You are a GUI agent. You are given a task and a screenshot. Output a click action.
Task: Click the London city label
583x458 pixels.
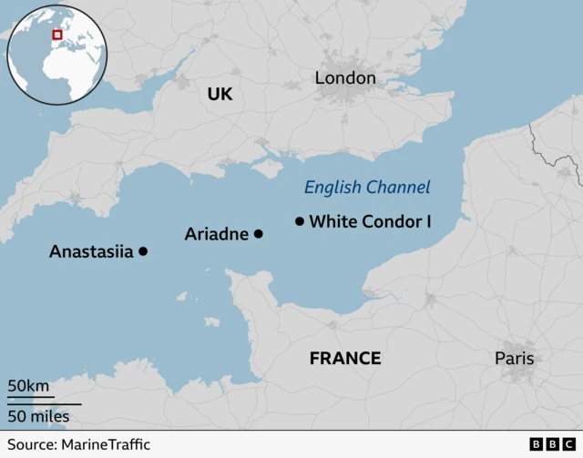point(345,78)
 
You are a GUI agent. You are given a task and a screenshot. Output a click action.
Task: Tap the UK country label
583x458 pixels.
point(220,95)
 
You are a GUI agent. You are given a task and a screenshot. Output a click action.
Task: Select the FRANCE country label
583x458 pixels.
point(345,358)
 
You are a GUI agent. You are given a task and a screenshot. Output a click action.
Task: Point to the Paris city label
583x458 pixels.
point(515,358)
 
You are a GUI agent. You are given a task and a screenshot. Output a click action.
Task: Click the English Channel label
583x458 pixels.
point(367,188)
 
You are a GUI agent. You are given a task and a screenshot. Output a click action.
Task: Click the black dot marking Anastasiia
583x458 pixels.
point(143,251)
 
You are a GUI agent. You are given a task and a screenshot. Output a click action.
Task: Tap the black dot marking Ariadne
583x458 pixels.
point(258,234)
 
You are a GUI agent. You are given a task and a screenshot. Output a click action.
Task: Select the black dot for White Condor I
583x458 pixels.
point(300,221)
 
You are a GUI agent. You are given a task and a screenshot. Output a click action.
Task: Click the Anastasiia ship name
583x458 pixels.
point(91,251)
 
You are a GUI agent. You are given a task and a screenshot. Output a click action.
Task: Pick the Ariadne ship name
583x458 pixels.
point(217,234)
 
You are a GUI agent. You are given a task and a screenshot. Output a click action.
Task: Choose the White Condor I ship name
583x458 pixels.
point(370,221)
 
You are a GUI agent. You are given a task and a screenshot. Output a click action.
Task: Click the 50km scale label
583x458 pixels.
point(29,386)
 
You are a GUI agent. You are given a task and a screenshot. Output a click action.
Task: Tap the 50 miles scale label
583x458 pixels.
point(38,416)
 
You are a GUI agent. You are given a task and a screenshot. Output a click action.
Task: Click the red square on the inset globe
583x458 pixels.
point(57,35)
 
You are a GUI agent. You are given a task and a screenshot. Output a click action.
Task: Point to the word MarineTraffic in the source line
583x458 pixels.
point(106,444)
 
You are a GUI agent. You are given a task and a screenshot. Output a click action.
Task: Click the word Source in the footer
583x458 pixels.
point(30,444)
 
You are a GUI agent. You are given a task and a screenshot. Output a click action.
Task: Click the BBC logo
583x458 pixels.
point(547,443)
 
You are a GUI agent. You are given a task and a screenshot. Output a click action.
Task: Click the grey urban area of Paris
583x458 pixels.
point(518,375)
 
